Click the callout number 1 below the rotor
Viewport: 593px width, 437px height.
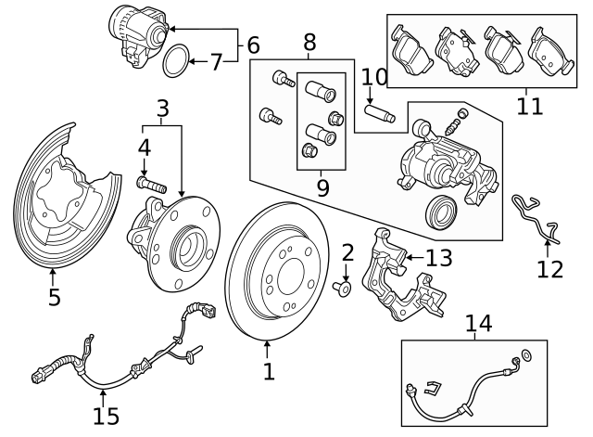(x=269, y=372)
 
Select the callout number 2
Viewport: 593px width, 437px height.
(x=347, y=252)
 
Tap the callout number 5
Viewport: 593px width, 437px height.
(x=54, y=297)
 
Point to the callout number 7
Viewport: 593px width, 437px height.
(x=217, y=63)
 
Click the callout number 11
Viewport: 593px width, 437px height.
(x=529, y=106)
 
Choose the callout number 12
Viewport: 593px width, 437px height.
(x=549, y=269)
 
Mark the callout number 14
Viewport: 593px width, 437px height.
(x=478, y=324)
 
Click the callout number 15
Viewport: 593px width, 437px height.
(x=106, y=415)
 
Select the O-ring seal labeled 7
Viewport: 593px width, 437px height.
(x=176, y=64)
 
